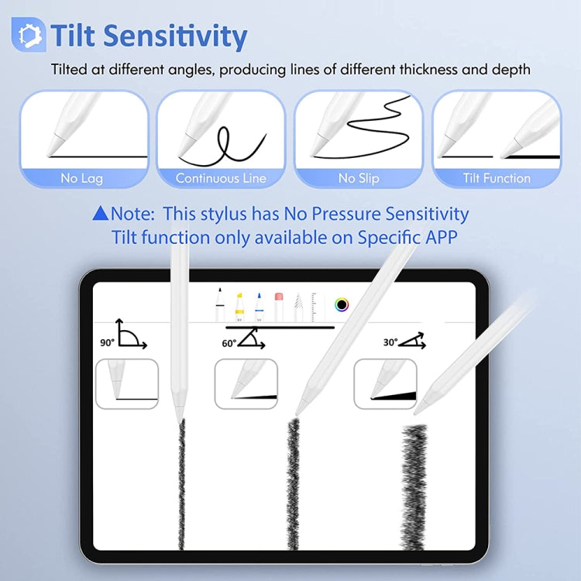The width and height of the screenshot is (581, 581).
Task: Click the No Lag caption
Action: coord(81,178)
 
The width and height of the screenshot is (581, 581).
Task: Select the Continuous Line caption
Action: coord(221,178)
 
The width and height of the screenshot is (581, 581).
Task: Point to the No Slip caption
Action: coord(359,178)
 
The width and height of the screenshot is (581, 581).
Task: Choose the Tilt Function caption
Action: coord(497,178)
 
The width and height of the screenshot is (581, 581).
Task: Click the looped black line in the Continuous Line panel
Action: coord(225,143)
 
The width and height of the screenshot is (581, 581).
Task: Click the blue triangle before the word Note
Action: coord(100,213)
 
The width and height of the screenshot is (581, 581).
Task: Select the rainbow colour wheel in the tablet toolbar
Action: coord(341,304)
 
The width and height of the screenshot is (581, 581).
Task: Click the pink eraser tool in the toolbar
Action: coord(280,304)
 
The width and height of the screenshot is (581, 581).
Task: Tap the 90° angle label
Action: coord(107,341)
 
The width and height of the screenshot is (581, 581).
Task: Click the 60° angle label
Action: coord(229,343)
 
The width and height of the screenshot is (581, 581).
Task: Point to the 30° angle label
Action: coord(390,342)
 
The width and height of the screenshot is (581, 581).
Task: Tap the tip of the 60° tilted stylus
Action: coord(298,411)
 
